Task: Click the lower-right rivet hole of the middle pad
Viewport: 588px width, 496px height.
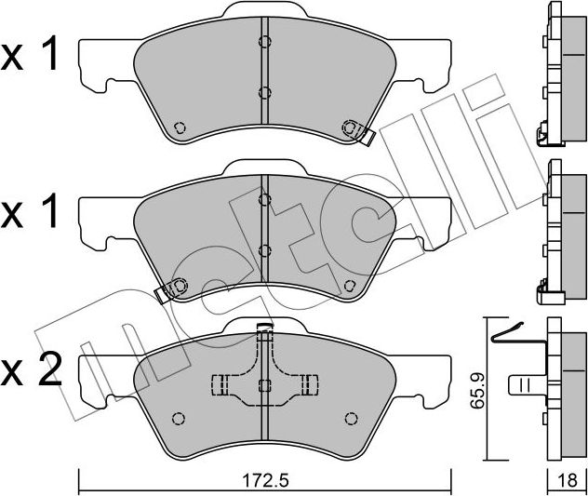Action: point(350,284)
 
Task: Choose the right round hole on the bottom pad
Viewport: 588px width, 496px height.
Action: point(352,417)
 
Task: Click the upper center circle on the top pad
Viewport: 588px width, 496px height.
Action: point(264,42)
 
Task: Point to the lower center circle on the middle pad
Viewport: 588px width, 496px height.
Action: point(264,249)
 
